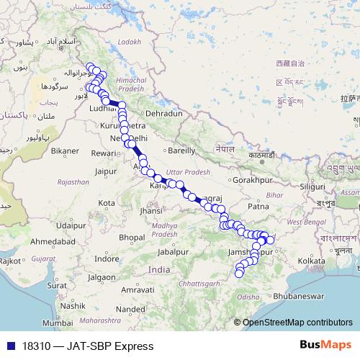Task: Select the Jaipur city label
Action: tap(105, 172)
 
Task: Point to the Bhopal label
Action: tap(132, 237)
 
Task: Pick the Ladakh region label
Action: tap(130, 42)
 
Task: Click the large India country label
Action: tap(158, 269)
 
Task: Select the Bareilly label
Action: tap(181, 151)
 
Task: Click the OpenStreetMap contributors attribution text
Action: tap(297, 323)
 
